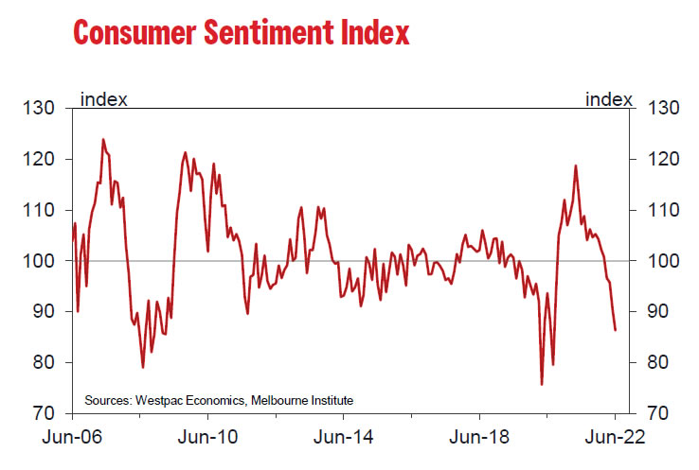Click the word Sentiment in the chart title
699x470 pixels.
point(273,32)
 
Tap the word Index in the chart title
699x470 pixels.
point(375,32)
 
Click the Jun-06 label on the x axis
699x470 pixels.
point(71,438)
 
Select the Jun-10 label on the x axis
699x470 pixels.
point(206,438)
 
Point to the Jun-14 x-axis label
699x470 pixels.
point(342,438)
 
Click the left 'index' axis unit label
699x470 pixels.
point(105,99)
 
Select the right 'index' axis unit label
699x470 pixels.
point(609,99)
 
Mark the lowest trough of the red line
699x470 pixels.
point(542,384)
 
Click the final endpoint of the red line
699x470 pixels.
point(616,330)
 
